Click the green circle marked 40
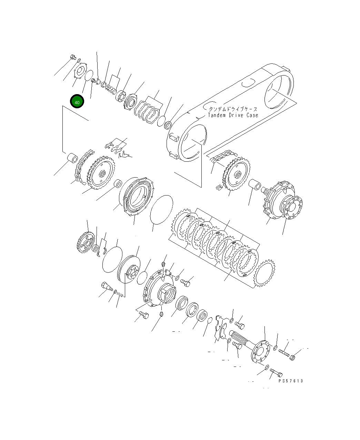pyautogui.click(x=77, y=102)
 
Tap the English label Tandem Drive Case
pyautogui.click(x=233, y=115)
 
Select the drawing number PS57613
pyautogui.click(x=291, y=381)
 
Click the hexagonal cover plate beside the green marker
pyautogui.click(x=80, y=71)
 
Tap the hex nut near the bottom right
pyautogui.click(x=292, y=357)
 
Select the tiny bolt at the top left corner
pyautogui.click(x=73, y=57)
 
